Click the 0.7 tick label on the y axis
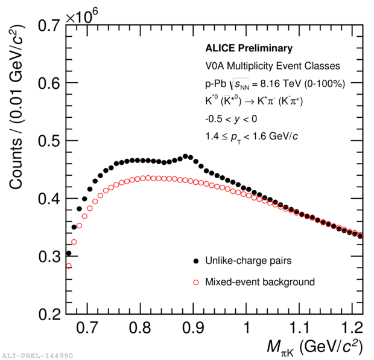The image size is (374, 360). (x=49, y=25)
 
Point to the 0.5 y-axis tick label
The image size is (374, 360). (x=49, y=141)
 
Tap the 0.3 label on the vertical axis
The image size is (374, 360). (x=49, y=257)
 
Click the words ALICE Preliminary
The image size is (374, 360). (x=249, y=48)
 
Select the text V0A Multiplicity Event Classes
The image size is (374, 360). (x=273, y=66)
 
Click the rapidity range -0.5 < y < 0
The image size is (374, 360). (x=231, y=119)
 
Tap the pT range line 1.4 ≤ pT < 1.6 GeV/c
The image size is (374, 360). (x=252, y=137)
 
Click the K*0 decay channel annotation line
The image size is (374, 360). (x=254, y=101)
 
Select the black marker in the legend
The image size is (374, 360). (x=196, y=261)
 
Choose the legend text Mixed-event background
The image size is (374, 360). (x=260, y=282)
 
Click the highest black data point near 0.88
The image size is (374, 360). (x=185, y=156)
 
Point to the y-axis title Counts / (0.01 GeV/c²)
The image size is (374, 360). (x=16, y=107)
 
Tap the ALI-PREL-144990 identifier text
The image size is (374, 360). (x=37, y=356)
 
